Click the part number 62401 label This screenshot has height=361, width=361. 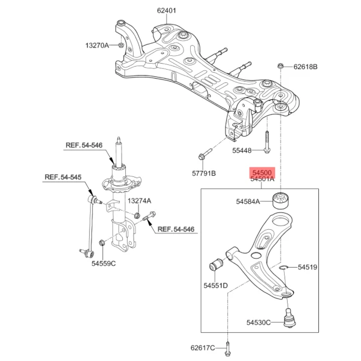(x=167, y=10)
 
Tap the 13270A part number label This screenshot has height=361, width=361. (x=97, y=45)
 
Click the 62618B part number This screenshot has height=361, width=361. (x=305, y=66)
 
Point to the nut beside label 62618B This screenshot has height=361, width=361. (x=281, y=66)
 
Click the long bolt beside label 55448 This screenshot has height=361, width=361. (x=267, y=142)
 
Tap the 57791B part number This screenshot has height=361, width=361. (x=203, y=173)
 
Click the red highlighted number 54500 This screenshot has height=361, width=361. (x=262, y=172)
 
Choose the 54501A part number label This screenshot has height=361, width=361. (x=262, y=179)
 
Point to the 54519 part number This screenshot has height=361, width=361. (x=306, y=267)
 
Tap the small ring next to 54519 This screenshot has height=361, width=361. (x=283, y=267)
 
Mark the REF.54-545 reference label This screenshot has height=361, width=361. (x=62, y=177)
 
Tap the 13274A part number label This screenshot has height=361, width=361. (x=139, y=201)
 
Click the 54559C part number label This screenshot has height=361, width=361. (x=103, y=263)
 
